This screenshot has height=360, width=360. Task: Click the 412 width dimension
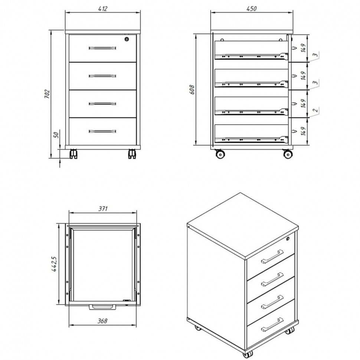tap(103, 9)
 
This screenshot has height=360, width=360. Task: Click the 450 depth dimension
tap(251, 9)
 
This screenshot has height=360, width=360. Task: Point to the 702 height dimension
tap(47, 94)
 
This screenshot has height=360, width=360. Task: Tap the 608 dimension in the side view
tap(192, 89)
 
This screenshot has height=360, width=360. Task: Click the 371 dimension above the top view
tap(103, 209)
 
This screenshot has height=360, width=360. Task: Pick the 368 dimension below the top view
tap(102, 321)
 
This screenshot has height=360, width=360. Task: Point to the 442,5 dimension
tap(55, 264)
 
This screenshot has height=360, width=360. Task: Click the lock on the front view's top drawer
tap(127, 39)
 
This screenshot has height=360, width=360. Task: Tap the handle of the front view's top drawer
tap(102, 48)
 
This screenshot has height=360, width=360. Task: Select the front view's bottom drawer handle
tap(102, 131)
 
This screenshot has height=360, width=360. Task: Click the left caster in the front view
tap(73, 154)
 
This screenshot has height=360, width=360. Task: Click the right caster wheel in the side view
tap(288, 154)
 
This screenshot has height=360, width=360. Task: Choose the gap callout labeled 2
tap(316, 110)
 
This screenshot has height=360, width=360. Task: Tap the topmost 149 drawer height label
tap(303, 48)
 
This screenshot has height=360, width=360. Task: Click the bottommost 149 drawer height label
tap(303, 131)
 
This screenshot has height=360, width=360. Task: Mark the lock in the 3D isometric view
tap(288, 239)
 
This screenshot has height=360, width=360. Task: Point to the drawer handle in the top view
tap(103, 307)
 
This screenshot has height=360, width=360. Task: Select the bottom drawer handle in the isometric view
tap(272, 324)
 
